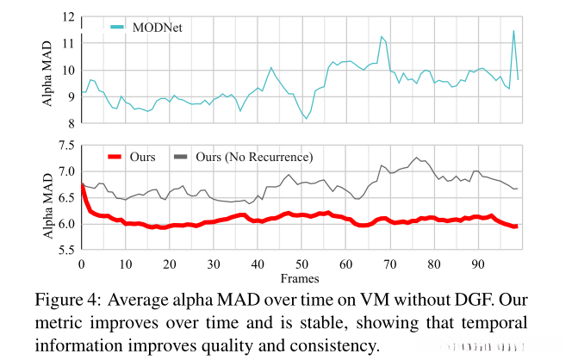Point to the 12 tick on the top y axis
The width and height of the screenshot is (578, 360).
(68, 16)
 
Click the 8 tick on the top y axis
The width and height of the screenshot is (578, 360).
(71, 124)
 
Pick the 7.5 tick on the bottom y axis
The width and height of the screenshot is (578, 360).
(65, 146)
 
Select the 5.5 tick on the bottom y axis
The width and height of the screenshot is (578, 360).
(65, 251)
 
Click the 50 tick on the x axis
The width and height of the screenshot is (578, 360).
(302, 264)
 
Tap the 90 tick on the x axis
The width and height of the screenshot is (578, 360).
(479, 264)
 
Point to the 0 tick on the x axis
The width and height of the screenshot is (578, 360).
(81, 264)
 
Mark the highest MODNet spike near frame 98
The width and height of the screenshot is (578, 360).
(514, 31)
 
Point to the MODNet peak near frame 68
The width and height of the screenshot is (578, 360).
(382, 36)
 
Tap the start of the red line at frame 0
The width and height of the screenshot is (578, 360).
(82, 185)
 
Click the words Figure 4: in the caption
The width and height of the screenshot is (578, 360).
(70, 301)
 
